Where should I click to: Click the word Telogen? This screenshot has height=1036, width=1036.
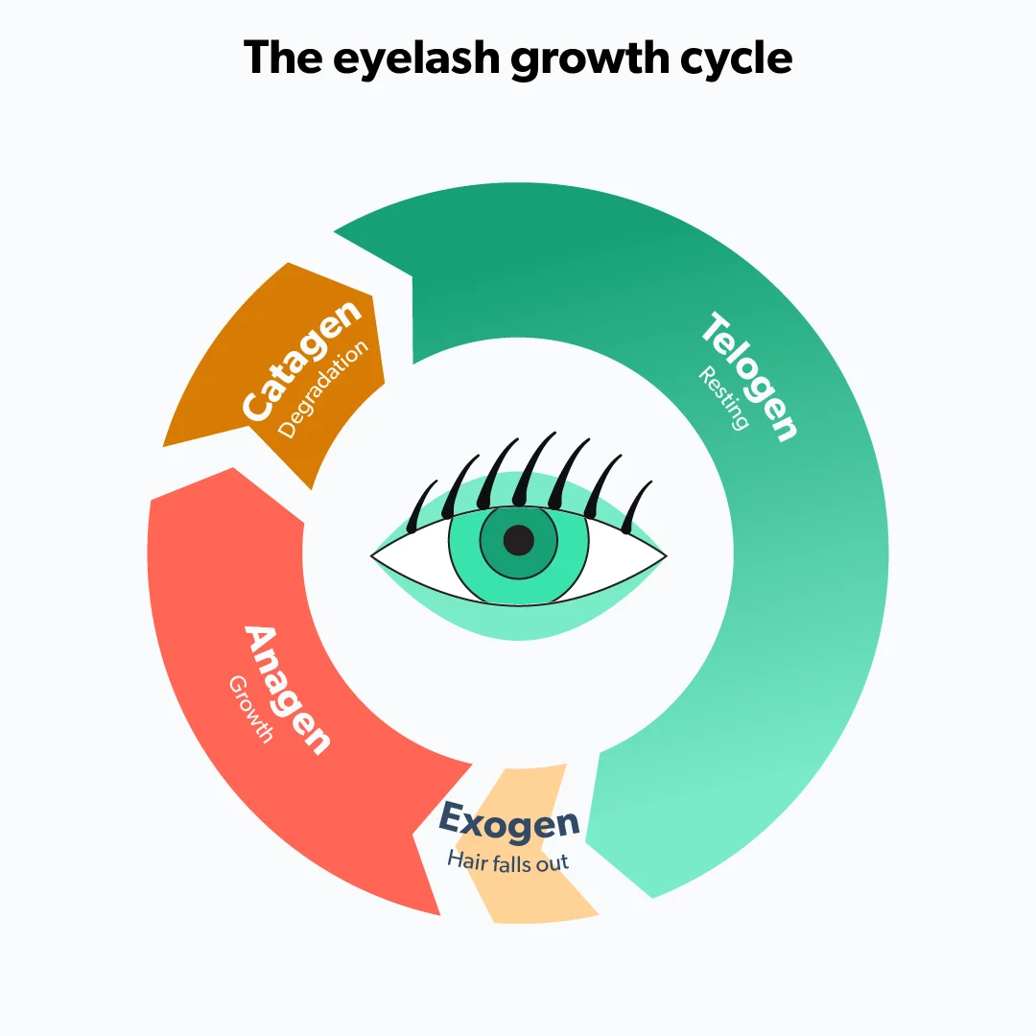click(x=749, y=376)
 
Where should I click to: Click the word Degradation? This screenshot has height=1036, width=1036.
click(x=323, y=388)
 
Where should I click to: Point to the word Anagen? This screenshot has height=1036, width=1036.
click(x=287, y=690)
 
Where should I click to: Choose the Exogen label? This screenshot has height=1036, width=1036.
click(x=508, y=823)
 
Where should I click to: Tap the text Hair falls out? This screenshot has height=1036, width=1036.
click(x=507, y=860)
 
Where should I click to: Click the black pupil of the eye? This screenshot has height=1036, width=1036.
click(x=518, y=540)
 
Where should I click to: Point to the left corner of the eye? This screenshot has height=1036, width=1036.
click(x=373, y=554)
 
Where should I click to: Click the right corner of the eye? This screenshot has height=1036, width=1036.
click(x=666, y=554)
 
